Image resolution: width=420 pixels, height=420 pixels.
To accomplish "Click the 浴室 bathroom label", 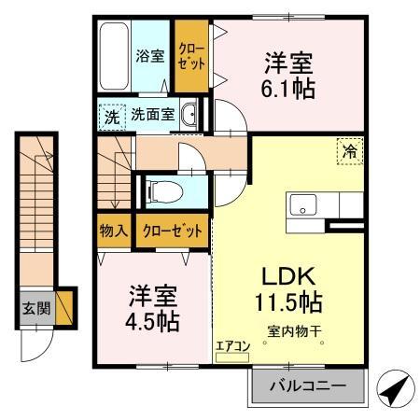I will point(150,55).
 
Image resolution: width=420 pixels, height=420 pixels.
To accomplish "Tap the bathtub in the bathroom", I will point(117,55).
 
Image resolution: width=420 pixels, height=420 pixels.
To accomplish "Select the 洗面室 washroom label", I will point(152,116).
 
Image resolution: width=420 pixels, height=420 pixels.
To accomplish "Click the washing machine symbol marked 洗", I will point(111,117).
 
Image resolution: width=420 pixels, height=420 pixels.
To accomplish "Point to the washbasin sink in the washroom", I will point(190,116).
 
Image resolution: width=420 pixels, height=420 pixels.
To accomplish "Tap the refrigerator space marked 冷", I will point(349,149).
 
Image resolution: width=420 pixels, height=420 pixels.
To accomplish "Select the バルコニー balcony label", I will point(307,386).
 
